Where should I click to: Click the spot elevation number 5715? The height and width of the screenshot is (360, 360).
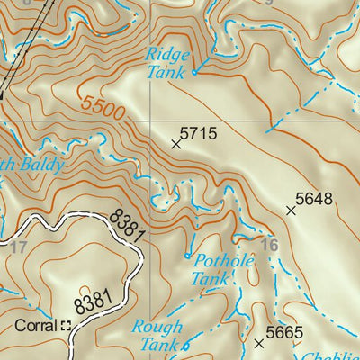199,134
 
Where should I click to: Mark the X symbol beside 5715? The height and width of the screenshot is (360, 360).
176,143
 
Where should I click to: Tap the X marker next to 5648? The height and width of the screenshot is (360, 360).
291,211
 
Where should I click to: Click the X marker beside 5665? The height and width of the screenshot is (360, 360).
260,343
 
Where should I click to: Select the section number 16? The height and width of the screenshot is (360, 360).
269,244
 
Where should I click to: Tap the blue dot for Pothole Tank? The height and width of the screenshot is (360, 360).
188,256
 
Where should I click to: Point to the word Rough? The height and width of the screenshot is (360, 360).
157,327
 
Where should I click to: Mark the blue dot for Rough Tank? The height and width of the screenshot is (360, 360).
186,346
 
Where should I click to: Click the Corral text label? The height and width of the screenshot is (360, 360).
35,325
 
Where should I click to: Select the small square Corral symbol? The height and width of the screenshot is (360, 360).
66,325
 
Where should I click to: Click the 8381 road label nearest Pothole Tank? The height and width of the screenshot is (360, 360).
129,224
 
